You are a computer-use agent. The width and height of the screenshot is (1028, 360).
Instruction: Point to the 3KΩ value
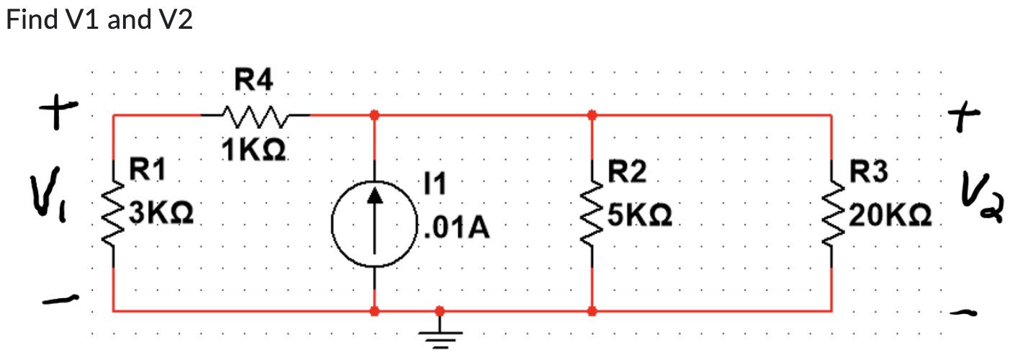pos(159,214)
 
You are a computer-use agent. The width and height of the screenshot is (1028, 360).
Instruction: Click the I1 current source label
pos(435,186)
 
